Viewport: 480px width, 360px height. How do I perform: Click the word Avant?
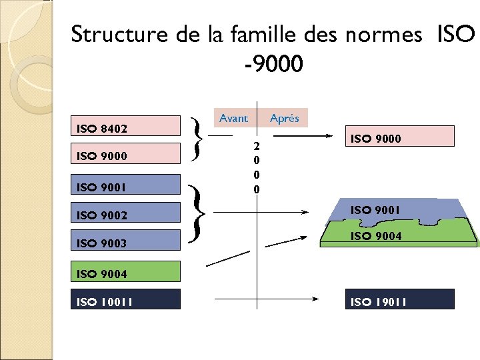click(x=233, y=118)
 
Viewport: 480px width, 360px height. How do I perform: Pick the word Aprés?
click(x=285, y=119)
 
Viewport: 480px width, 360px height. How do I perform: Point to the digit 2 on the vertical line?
click(x=257, y=145)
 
